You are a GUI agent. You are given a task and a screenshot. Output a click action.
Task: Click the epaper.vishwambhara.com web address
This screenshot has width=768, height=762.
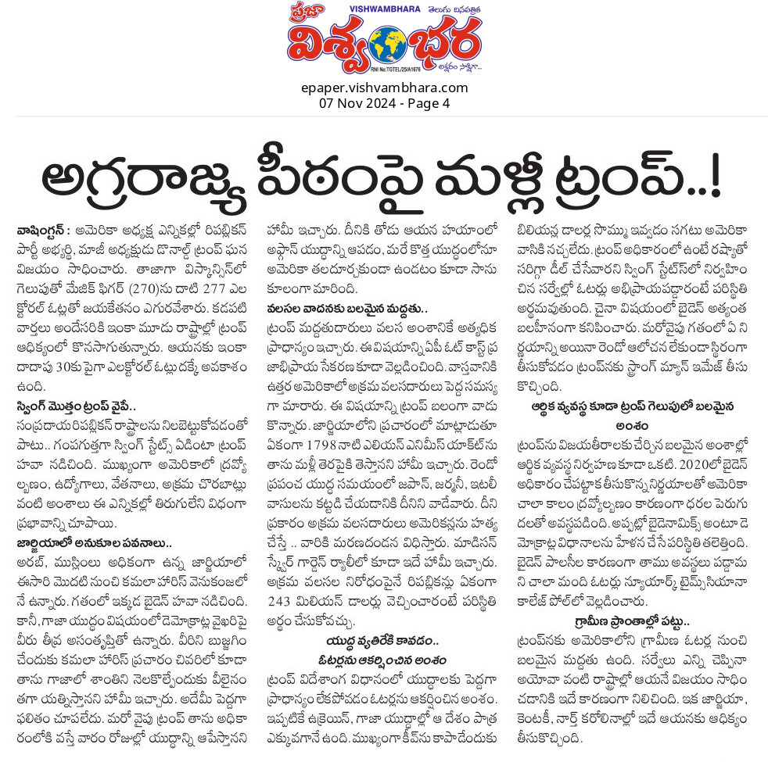[x=384, y=87]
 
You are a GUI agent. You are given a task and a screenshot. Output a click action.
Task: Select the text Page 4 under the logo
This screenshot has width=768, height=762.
[x=428, y=102]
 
